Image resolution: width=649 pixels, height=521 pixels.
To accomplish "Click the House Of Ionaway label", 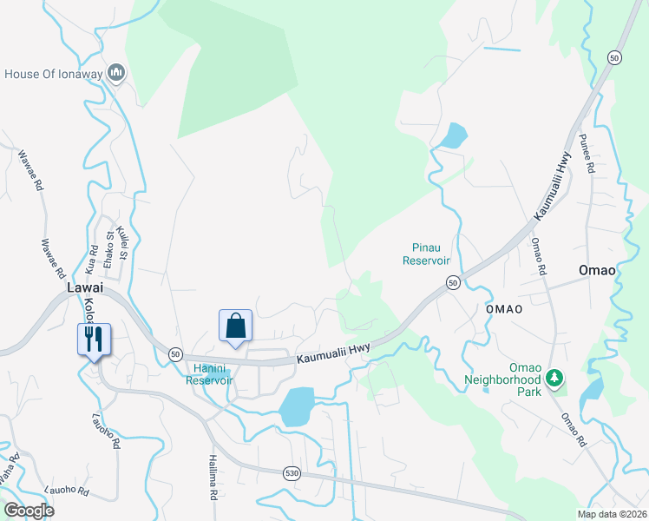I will (54, 74).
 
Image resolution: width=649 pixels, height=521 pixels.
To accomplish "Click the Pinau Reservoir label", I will (426, 254).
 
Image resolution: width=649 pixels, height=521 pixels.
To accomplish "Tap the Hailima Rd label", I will (212, 478).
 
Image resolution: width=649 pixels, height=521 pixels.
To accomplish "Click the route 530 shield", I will (292, 472).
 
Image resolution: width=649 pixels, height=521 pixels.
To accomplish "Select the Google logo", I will (29, 511).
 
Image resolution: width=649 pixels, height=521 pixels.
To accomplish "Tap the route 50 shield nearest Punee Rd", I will (614, 57).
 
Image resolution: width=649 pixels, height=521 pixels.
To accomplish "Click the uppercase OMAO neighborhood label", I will (504, 309).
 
